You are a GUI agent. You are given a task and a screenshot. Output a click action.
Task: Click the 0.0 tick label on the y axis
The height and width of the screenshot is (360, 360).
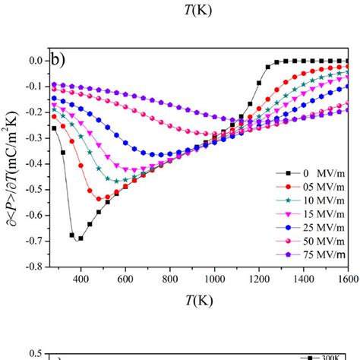pyautogui.click(x=33, y=61)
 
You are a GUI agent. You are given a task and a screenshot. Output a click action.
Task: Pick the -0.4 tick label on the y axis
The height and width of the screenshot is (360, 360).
pyautogui.click(x=32, y=164)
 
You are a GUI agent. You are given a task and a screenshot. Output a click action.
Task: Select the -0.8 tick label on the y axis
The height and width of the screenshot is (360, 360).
pyautogui.click(x=32, y=267)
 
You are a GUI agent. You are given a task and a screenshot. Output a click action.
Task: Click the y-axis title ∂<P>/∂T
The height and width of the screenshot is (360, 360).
pyautogui.click(x=11, y=163)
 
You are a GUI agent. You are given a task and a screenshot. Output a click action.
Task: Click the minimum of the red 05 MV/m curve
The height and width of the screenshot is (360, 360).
pyautogui.click(x=99, y=199)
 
